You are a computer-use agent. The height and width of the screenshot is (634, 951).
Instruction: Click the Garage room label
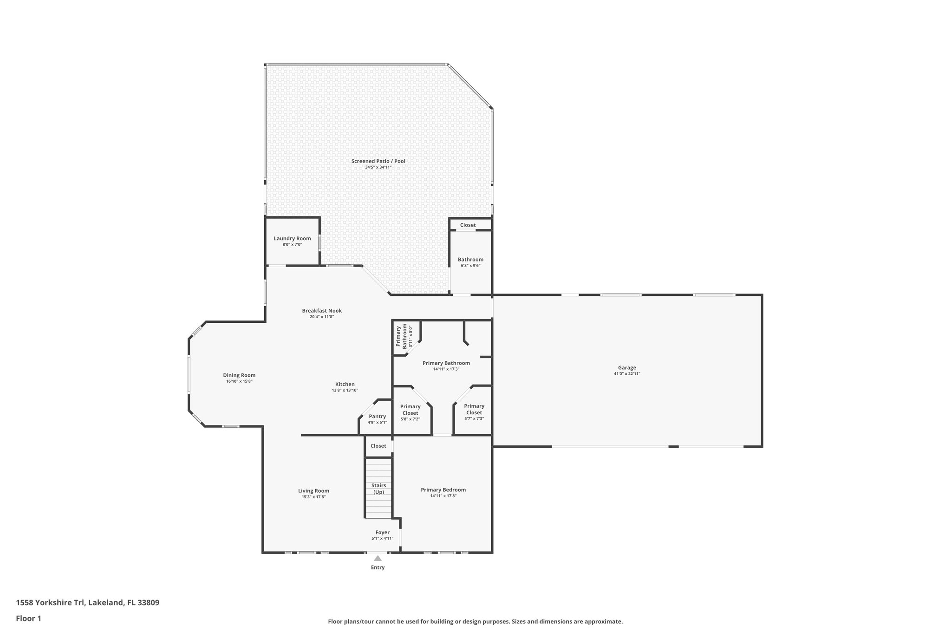[627, 368]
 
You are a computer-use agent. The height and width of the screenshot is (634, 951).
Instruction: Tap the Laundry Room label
[292, 239]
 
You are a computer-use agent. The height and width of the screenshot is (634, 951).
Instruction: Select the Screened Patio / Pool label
[378, 161]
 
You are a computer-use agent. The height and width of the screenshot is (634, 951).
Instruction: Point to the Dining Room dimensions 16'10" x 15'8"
[239, 381]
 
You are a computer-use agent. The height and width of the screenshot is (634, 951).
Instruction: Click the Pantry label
[377, 417]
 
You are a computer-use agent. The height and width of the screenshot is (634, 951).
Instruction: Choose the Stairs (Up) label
[378, 489]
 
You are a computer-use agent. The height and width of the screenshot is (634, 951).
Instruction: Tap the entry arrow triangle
[378, 559]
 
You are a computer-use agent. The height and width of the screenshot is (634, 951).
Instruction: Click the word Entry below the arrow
[378, 568]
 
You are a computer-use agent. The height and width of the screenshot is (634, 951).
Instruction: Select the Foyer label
[382, 532]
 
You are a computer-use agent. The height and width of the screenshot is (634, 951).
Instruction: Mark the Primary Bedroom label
[443, 490]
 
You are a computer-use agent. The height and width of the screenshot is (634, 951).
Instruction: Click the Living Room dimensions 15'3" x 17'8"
[313, 497]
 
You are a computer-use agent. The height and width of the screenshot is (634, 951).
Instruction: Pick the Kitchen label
[345, 384]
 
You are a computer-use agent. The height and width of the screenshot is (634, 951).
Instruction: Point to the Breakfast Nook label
[322, 311]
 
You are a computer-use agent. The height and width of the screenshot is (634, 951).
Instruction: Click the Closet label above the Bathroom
[468, 225]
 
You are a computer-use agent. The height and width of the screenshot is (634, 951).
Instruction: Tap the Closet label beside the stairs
[378, 446]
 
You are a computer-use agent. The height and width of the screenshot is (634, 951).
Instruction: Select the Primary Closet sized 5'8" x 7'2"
[410, 410]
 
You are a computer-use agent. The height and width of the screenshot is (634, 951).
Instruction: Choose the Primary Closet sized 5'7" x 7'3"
[474, 409]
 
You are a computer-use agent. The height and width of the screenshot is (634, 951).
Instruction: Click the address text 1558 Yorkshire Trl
[50, 603]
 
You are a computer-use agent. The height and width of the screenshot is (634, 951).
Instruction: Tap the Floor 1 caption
[28, 618]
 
